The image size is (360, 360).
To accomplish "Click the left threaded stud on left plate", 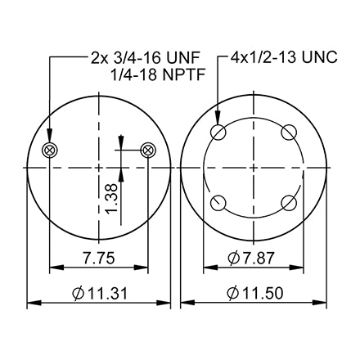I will pyautogui.click(x=49, y=149).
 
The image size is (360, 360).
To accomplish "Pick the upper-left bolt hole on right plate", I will pyautogui.click(x=219, y=133).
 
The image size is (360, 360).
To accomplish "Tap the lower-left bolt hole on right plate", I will pyautogui.click(x=219, y=202).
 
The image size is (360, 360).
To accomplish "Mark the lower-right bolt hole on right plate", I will pyautogui.click(x=289, y=202).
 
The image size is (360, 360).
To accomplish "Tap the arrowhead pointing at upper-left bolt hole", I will pyautogui.click(x=219, y=122).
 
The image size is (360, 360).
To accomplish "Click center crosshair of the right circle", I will pyautogui.click(x=254, y=168).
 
